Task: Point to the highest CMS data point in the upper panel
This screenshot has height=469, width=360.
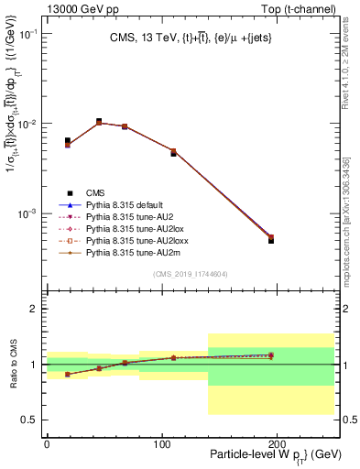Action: click(x=99, y=121)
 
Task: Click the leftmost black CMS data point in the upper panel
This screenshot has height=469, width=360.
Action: click(x=68, y=141)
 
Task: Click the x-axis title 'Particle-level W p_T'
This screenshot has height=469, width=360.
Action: click(x=261, y=454)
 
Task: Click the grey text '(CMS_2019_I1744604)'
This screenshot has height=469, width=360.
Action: click(x=191, y=274)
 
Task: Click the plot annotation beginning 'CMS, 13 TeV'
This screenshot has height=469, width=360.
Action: click(x=191, y=38)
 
